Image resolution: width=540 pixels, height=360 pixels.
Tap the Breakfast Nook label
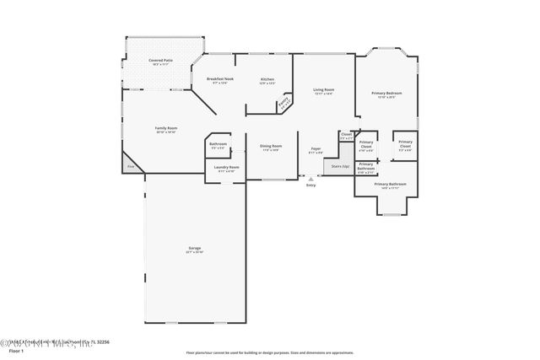(219, 80)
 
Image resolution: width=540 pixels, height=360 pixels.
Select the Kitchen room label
(267, 80)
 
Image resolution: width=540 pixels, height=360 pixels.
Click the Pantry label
(284, 105)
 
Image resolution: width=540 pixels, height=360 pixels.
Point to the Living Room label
(322, 90)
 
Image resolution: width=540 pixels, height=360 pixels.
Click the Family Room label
(165, 130)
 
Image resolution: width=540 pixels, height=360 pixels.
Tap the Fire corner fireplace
(132, 166)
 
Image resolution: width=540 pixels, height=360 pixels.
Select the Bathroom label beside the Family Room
(218, 146)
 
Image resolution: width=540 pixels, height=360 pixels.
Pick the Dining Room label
(271, 148)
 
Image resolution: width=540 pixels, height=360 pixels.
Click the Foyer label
(316, 150)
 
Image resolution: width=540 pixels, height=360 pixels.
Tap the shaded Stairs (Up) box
(341, 165)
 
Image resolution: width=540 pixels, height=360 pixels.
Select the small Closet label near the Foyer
(346, 135)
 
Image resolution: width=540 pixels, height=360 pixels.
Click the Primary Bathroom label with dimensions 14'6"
(390, 185)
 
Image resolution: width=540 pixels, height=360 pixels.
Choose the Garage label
(195, 250)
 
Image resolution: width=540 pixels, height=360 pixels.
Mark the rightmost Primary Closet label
(405, 144)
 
